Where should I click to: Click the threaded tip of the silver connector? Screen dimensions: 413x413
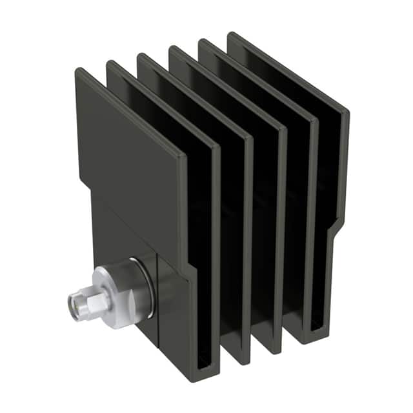pyautogui.click(x=76, y=301)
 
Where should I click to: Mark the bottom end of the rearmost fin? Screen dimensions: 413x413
pyautogui.click(x=316, y=338)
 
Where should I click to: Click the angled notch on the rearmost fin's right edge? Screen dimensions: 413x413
pyautogui.click(x=337, y=227)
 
